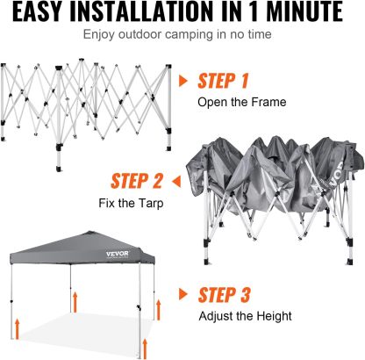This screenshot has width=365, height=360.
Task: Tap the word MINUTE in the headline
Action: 304,11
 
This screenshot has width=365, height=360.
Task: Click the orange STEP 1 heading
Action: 223,81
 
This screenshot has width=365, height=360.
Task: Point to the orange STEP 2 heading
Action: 137,181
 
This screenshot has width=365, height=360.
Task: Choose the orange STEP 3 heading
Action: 224,295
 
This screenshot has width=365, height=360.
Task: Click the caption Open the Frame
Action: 241,102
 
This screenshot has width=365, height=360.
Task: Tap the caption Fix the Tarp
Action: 131,203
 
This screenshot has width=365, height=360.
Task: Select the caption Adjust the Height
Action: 245,316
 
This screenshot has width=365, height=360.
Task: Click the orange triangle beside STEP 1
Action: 182,81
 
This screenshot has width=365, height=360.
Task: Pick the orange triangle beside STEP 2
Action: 176,182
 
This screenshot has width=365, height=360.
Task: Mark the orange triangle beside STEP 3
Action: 182,294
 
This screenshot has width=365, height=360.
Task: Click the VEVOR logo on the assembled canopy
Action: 118,254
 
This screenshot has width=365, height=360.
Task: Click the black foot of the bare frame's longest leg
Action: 59,169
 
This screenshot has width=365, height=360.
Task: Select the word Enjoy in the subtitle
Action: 99,35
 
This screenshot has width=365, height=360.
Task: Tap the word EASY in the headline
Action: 37,11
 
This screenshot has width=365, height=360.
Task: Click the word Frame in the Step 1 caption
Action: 268,102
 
